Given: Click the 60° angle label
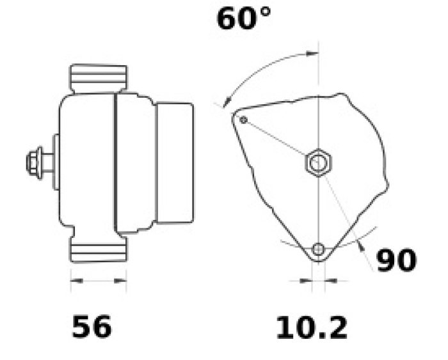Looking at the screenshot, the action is (244, 19).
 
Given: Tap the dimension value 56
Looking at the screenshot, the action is (92, 327).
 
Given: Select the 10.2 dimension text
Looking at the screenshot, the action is (312, 328).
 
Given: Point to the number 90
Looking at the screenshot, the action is (397, 260).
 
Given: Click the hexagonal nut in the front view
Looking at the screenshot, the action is (318, 162).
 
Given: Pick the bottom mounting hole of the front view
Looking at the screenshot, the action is (318, 249).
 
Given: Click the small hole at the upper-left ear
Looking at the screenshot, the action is (243, 120).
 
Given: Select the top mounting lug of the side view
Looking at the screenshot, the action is (99, 78).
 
